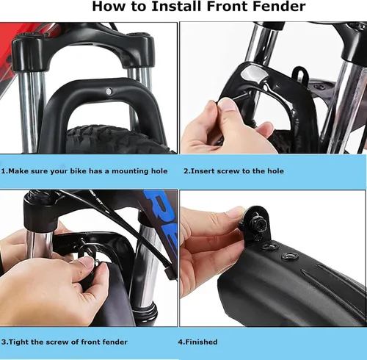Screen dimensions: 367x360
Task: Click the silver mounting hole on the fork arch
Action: [x=109, y=91]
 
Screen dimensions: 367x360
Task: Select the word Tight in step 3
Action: [x=18, y=342]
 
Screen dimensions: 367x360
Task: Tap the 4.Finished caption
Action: [x=197, y=342]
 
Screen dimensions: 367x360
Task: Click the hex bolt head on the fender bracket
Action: [x=258, y=223]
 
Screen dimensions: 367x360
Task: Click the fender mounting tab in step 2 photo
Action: [x=300, y=73]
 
